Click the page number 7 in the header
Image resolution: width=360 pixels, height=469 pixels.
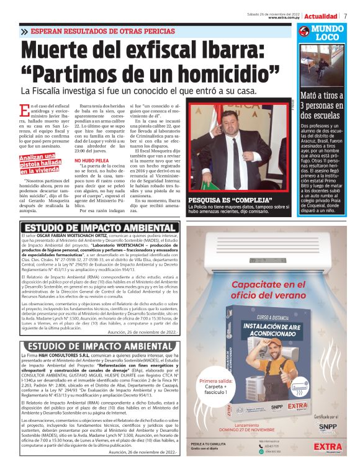(x=345, y=16)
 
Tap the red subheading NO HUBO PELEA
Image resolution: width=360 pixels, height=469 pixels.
(x=91, y=161)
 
